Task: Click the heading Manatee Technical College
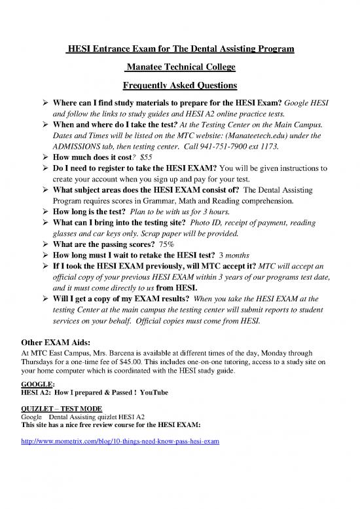pyautogui.click(x=180, y=67)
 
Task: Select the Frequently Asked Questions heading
pyautogui.click(x=180, y=85)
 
